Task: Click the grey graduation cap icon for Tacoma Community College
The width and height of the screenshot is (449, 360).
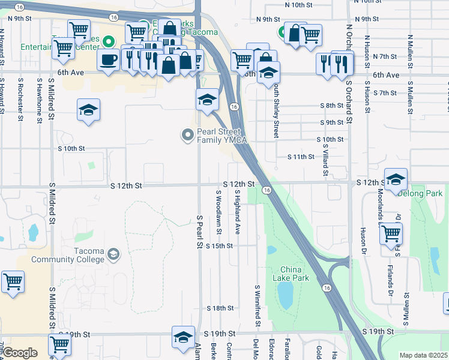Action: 113,255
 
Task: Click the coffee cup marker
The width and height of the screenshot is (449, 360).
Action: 108,61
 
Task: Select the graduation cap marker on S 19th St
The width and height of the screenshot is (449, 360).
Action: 184,338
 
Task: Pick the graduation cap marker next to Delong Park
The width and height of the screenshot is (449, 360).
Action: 396,179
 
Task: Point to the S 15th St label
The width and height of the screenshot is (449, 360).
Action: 218,246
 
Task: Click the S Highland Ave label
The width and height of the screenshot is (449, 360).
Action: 238,211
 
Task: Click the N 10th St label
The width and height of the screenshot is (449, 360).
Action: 300,4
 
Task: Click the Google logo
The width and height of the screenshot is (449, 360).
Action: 20,353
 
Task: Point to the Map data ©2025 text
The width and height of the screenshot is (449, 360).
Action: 423,355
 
